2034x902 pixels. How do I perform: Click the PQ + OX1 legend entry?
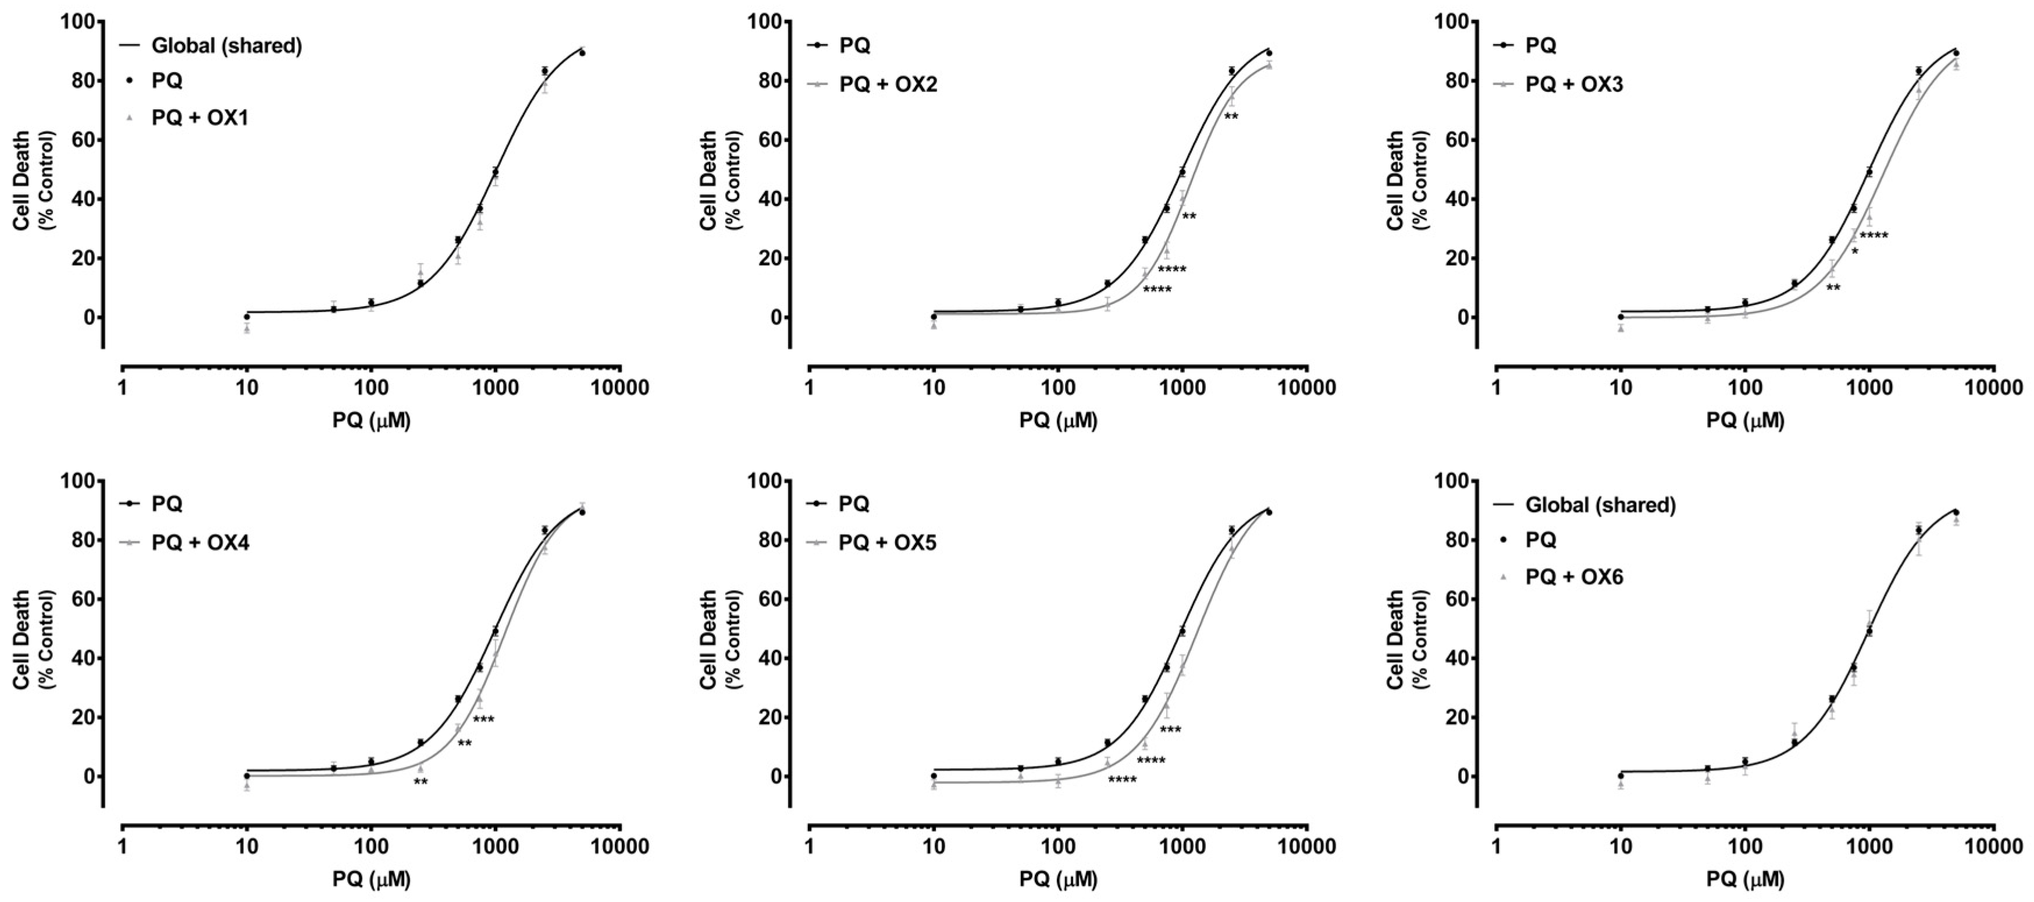click(x=199, y=119)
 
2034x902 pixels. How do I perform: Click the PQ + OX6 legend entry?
click(x=1575, y=577)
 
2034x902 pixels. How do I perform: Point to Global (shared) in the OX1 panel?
click(x=226, y=46)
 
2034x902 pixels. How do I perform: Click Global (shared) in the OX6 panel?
click(x=1600, y=505)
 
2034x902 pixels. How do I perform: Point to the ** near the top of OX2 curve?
click(x=1231, y=118)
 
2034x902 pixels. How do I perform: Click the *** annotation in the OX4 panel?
click(x=483, y=719)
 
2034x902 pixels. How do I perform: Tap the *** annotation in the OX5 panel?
click(x=1170, y=730)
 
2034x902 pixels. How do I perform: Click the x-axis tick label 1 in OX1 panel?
click(x=122, y=388)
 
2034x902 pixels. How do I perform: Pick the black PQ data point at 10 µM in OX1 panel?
click(x=247, y=317)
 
